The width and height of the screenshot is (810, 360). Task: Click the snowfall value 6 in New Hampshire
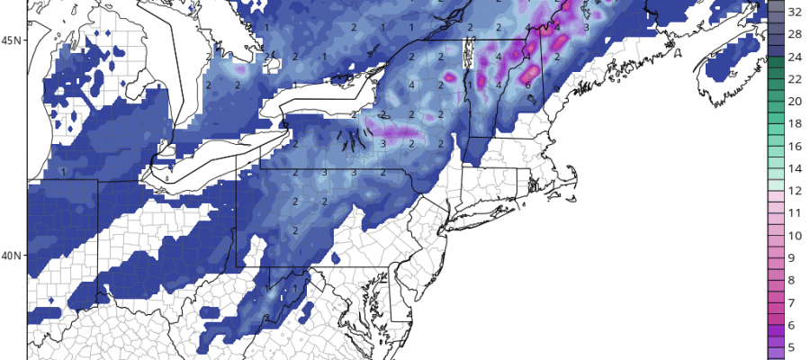click(x=527, y=85)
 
